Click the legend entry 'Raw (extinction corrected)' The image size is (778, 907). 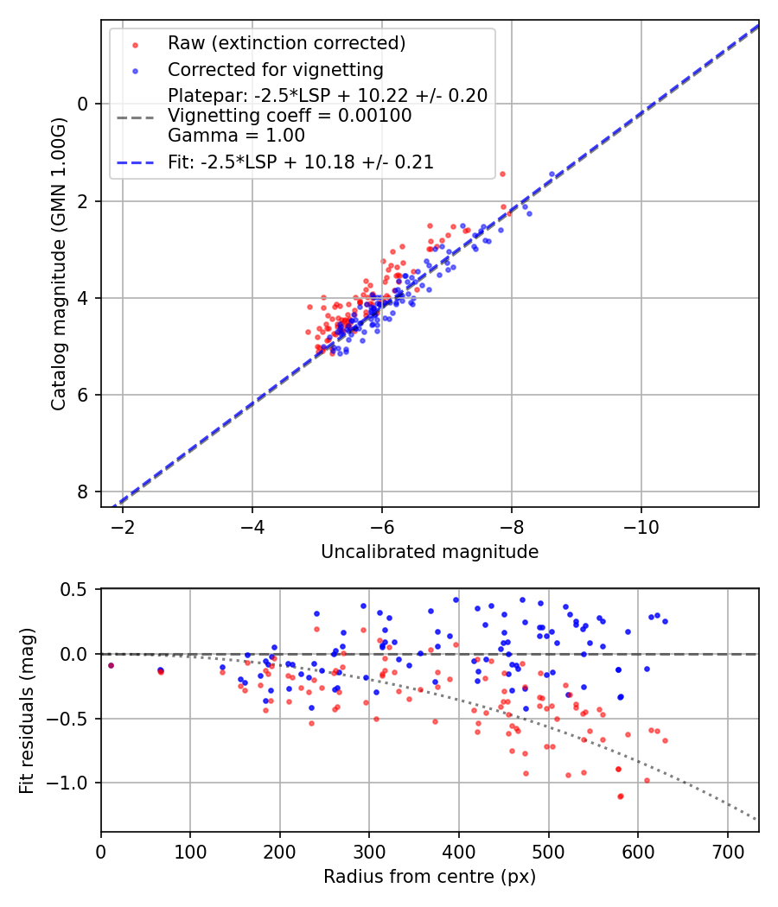286,43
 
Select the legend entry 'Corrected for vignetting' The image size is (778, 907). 275,69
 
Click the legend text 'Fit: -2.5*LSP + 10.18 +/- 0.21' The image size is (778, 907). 300,162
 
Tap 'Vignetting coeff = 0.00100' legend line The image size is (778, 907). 290,115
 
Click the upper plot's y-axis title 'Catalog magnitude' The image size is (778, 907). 58,263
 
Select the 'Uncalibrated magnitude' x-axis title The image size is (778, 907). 430,552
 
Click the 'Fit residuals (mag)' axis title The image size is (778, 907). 27,710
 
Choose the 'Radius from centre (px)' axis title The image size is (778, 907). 430,877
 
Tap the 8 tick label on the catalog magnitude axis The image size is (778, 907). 84,492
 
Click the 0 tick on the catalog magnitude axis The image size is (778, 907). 84,104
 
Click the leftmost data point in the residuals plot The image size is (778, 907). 111,665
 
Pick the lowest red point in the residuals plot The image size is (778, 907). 621,796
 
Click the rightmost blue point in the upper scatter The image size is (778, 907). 552,174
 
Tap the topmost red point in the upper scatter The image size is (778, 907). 502,174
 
